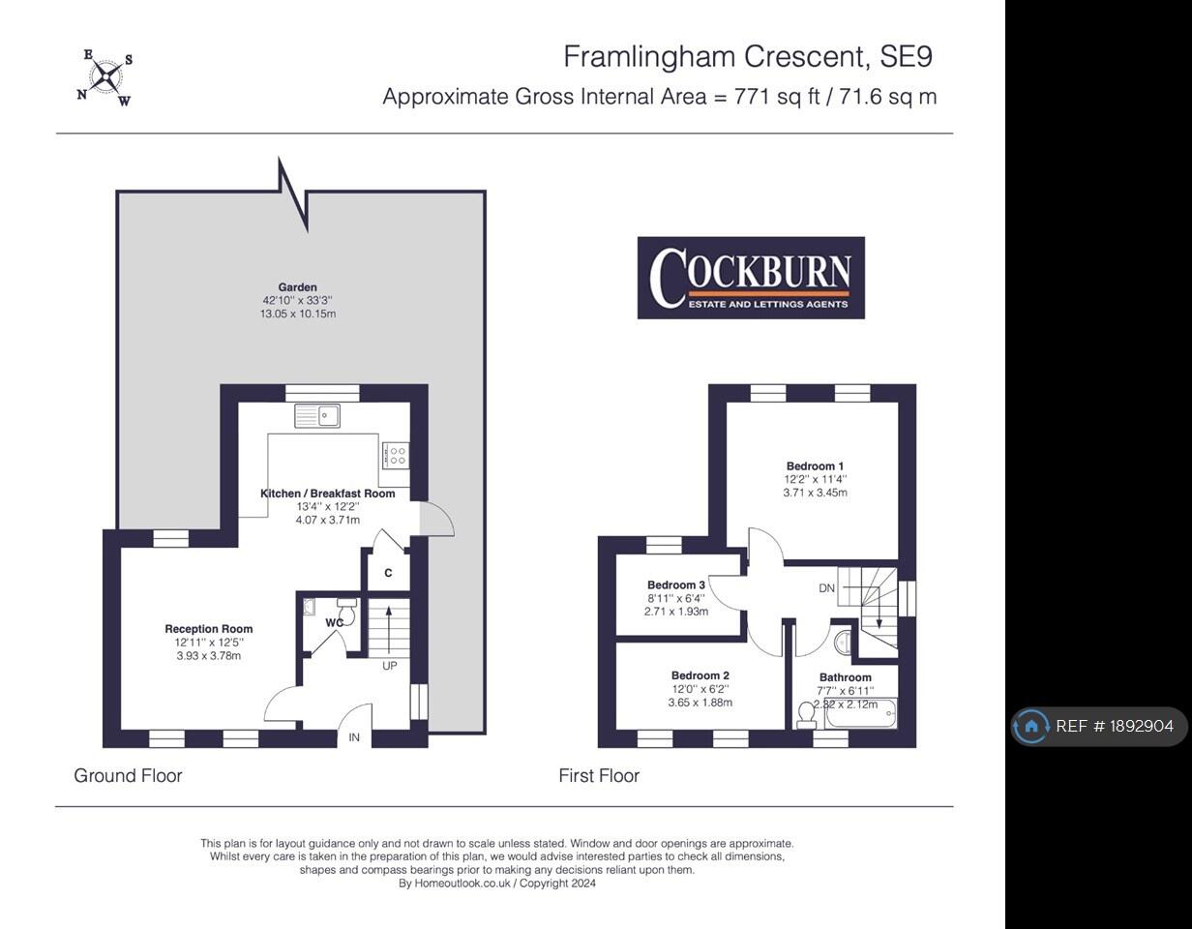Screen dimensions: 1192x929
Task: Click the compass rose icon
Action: click(x=104, y=77)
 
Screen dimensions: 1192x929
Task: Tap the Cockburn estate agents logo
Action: click(x=751, y=278)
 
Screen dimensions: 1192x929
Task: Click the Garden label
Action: click(x=297, y=286)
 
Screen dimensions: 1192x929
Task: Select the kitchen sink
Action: click(x=317, y=416)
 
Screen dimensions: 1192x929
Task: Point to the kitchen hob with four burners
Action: click(x=395, y=455)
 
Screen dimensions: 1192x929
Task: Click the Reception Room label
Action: click(x=209, y=629)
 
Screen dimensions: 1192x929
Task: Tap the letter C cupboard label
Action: click(x=388, y=573)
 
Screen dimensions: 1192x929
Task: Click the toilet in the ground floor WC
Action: click(x=347, y=612)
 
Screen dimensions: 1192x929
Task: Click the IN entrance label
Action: click(x=354, y=737)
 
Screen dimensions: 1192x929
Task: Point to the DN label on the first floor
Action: click(x=826, y=588)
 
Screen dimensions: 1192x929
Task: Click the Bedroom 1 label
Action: click(x=815, y=466)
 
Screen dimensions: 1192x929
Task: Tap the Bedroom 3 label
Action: click(x=675, y=585)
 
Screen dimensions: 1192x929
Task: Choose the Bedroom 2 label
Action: click(x=700, y=675)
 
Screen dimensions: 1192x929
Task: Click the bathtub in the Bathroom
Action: click(x=861, y=713)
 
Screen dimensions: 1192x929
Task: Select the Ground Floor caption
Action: click(x=128, y=776)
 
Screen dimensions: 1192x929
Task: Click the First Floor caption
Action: click(x=599, y=776)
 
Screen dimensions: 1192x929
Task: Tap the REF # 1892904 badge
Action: click(x=1099, y=726)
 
